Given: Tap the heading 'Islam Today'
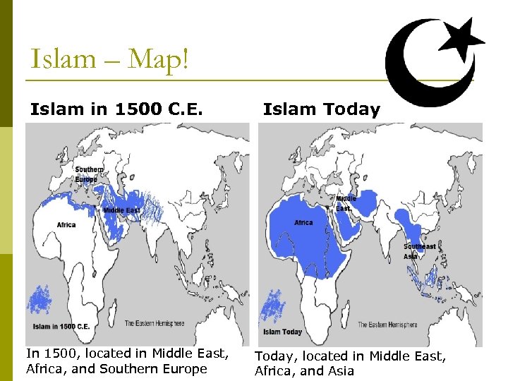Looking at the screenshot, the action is (321, 109).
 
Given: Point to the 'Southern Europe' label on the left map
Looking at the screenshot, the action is (89, 174).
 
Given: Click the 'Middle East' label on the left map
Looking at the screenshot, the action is (121, 210).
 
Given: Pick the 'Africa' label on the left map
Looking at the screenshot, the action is (66, 225).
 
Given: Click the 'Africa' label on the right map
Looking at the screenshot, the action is (303, 223).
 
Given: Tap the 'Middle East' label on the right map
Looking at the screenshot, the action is (346, 203).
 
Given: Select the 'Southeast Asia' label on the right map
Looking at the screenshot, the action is (419, 250).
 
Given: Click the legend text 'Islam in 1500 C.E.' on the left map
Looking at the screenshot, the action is (61, 327).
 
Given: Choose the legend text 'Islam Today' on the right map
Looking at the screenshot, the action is (282, 332).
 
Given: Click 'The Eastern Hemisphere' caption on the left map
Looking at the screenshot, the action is (155, 323).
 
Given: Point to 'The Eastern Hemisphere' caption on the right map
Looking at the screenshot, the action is (387, 325).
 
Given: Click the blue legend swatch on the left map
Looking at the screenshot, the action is (40, 301).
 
